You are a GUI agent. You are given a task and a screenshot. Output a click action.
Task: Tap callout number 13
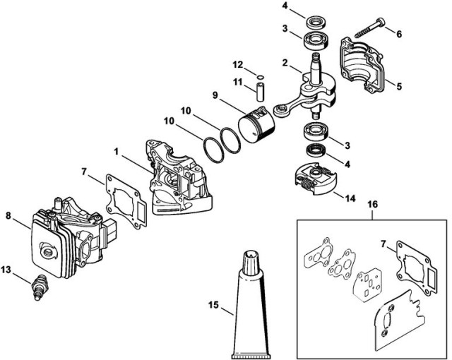(6, 269)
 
